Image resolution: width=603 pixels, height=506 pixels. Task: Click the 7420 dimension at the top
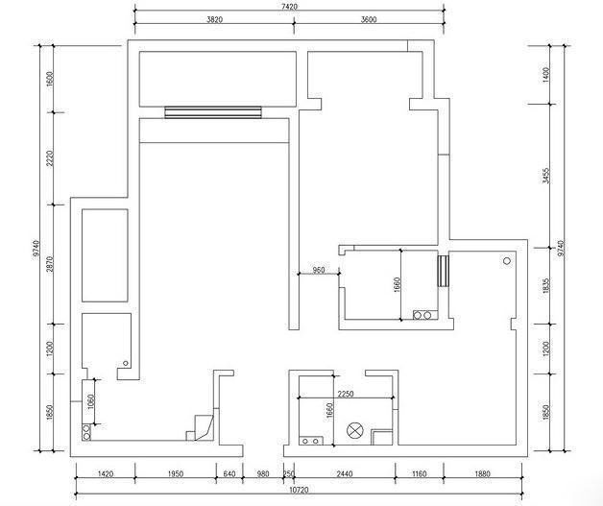point(290,7)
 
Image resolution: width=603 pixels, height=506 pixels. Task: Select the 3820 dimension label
point(214,19)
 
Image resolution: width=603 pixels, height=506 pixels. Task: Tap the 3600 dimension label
point(369,19)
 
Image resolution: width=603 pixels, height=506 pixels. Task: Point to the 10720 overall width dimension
point(299,491)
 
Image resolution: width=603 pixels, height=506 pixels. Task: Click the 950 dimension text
point(319,270)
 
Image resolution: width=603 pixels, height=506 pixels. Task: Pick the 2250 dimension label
point(346,394)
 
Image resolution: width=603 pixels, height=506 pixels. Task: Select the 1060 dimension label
point(91,401)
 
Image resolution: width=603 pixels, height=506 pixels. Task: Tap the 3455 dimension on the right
point(546,176)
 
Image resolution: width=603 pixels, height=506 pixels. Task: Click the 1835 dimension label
point(547,286)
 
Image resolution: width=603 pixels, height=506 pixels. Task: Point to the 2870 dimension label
point(50,264)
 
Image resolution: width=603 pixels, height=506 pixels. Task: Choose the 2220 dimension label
point(50,158)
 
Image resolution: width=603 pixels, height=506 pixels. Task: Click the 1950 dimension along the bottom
point(176,474)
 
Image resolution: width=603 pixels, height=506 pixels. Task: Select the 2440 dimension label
point(345,474)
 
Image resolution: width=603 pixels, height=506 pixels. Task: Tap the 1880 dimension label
point(482,474)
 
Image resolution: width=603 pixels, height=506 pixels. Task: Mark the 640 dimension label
point(229,474)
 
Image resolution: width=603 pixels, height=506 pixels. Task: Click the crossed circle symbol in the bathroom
point(353,430)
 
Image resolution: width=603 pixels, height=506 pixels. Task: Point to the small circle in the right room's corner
point(507,261)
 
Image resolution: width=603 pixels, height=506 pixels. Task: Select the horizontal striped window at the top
point(213,112)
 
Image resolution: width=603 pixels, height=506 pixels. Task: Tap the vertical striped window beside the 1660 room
point(444,271)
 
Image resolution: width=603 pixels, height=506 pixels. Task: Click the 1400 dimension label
point(546,75)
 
